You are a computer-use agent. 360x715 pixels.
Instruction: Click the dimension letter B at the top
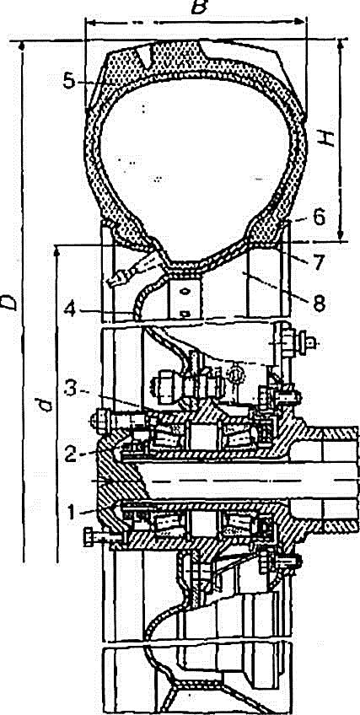pyautogui.click(x=199, y=7)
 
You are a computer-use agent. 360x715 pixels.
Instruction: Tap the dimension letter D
pyautogui.click(x=9, y=301)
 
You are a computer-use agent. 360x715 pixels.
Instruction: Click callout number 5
pyautogui.click(x=69, y=81)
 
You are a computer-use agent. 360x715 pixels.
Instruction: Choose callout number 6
pyautogui.click(x=320, y=218)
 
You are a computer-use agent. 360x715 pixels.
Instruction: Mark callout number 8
pyautogui.click(x=320, y=303)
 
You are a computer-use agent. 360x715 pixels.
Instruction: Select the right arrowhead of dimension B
pyautogui.click(x=302, y=21)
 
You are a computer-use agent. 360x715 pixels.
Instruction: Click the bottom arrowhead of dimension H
pyautogui.click(x=340, y=236)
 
